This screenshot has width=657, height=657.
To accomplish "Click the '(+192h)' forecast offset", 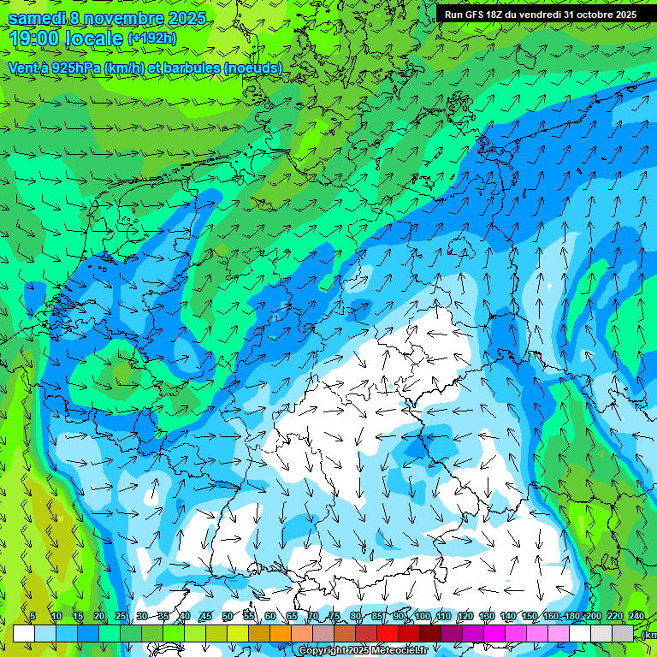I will (x=151, y=38).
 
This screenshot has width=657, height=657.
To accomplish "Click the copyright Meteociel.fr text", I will (x=363, y=651).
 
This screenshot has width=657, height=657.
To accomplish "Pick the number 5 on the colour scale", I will (x=33, y=617).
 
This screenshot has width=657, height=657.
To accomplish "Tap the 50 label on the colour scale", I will (x=227, y=617).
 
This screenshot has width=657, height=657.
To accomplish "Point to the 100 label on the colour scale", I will (x=422, y=617).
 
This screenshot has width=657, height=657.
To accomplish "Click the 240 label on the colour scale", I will (x=636, y=617).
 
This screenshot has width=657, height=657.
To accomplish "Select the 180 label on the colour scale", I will (x=571, y=617).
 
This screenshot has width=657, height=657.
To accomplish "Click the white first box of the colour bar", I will (x=24, y=633).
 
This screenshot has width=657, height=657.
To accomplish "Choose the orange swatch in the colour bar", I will (x=281, y=633).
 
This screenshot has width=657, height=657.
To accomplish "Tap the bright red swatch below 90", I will (x=388, y=633).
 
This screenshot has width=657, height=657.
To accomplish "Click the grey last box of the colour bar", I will (x=623, y=633).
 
